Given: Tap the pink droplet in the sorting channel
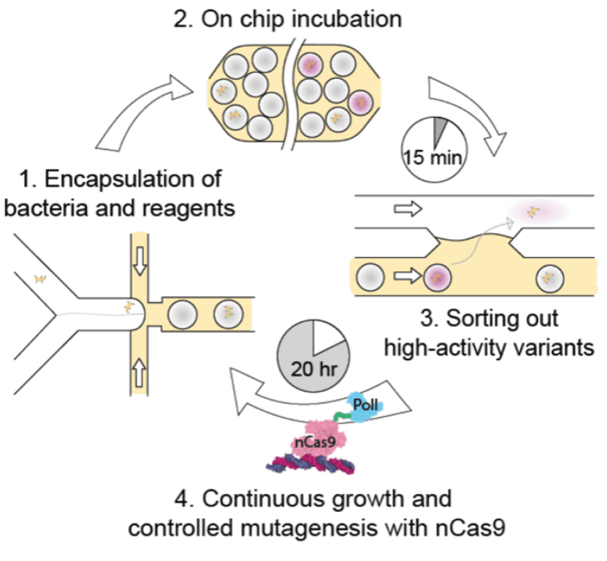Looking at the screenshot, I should click(437, 279).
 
